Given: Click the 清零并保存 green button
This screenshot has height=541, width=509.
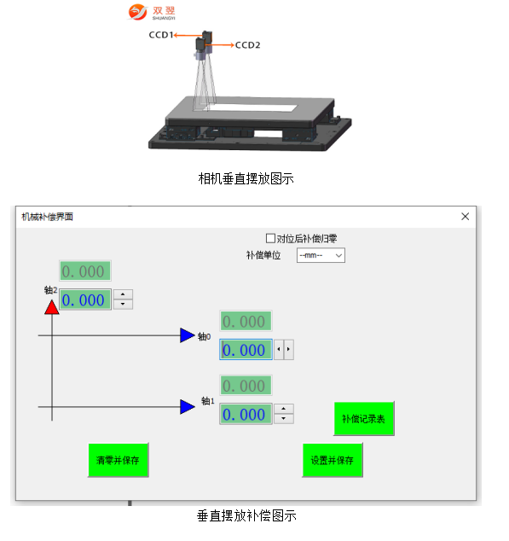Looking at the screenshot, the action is [119, 460].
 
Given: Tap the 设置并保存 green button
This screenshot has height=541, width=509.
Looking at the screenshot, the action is [333, 460].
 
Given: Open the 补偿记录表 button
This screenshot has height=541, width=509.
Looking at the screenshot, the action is [364, 418].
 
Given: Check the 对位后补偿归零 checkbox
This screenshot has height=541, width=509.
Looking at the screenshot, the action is [271, 238].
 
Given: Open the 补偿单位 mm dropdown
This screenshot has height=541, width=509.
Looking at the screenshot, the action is [321, 255].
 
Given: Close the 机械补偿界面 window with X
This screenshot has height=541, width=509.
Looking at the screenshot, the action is [466, 217].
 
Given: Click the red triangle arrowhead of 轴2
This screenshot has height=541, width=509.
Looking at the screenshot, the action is [52, 307].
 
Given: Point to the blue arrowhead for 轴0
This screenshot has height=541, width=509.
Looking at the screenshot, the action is [188, 335].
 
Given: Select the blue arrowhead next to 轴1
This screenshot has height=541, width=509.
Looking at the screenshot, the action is [188, 407].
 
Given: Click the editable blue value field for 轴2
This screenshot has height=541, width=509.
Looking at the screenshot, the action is [85, 300].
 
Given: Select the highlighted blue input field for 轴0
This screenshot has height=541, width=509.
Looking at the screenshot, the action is [246, 350].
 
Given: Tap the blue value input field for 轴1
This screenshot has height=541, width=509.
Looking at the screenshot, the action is [246, 414].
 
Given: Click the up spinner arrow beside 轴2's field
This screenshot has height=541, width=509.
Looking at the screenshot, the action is [123, 294].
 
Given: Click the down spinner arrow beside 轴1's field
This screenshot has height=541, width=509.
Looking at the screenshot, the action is [284, 418].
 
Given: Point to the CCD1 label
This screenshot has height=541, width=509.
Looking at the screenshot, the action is [160, 35].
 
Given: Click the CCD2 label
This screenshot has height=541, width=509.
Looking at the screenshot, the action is [247, 45].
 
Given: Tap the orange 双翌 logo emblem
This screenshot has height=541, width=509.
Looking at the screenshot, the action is [137, 12].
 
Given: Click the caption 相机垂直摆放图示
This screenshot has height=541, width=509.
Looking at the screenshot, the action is [246, 178].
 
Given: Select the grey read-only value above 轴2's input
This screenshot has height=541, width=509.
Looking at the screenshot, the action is [85, 270].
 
